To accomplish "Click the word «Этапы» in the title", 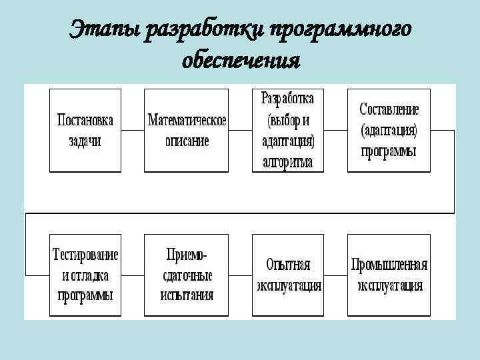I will coord(106,30).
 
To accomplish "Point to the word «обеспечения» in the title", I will coord(241,61).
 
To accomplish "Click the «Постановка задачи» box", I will coord(85,130).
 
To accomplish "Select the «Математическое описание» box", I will coord(187,130).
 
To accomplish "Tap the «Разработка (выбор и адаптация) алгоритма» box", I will coord(287,130).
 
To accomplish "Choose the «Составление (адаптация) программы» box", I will coord(389,130).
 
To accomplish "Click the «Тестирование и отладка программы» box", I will coord(85,274).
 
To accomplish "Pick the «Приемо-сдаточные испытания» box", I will coord(187,274).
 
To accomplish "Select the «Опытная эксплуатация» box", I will coord(288,274).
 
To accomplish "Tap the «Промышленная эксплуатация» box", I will coord(389,274).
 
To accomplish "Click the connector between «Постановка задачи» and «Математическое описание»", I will coord(132,131).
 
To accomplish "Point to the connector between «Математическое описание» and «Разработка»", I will coord(240,131).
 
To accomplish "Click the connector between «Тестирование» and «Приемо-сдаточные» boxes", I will coord(132,275).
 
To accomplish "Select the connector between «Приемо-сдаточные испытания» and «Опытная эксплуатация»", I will coord(240,275).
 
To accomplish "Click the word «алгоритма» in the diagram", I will coord(288,161).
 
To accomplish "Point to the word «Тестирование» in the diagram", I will coord(85,255).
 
